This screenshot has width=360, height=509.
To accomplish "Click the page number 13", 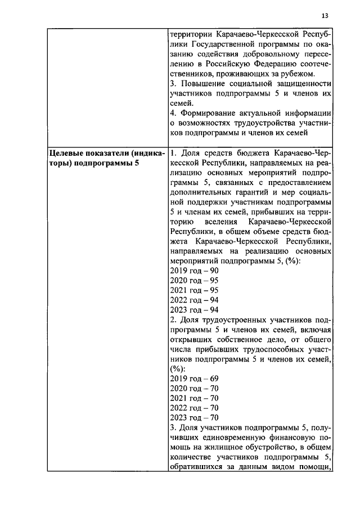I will pyautogui.click(x=325, y=16).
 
